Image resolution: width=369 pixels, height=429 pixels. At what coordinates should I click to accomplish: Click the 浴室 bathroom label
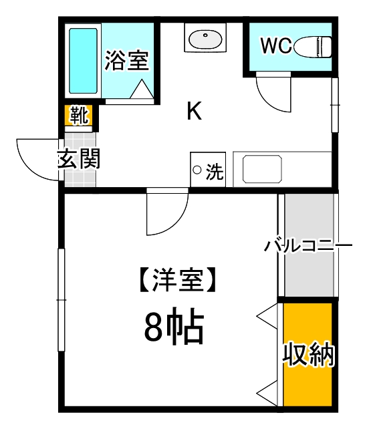click(x=126, y=61)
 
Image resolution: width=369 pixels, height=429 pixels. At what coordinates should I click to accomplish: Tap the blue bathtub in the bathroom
click(x=84, y=60)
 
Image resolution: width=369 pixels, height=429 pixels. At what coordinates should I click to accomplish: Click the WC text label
click(x=275, y=45)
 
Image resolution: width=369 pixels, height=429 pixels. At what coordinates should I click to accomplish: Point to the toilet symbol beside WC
click(x=314, y=46)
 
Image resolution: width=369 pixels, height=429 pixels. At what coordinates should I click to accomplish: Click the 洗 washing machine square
click(x=207, y=170)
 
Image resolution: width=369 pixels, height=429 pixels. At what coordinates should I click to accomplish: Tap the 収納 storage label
click(x=307, y=353)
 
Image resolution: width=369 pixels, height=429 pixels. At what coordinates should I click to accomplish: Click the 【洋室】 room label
click(x=177, y=279)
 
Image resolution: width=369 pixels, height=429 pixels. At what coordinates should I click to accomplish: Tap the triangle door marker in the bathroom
click(x=142, y=90)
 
